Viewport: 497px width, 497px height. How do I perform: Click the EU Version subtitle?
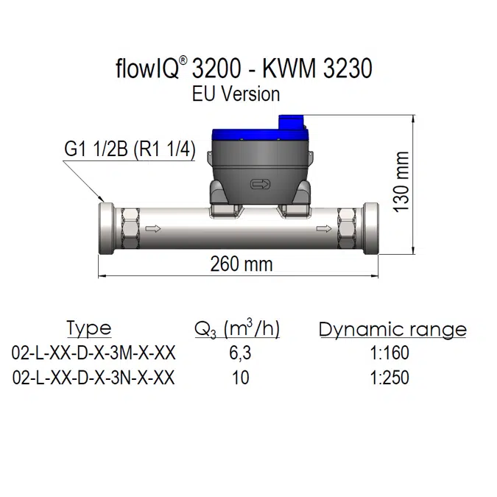point(236,94)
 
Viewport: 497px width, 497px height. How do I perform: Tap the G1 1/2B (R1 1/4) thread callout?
point(129,150)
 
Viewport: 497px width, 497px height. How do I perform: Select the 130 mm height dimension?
point(401,183)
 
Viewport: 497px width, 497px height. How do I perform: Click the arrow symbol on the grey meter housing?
point(261,184)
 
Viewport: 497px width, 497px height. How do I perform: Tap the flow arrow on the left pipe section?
point(154,229)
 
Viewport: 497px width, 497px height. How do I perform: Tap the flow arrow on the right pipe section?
point(323,229)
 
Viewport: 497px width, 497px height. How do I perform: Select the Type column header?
point(88,328)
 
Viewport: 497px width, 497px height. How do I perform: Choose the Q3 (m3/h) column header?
point(237,328)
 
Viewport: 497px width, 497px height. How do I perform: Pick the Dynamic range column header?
point(392,329)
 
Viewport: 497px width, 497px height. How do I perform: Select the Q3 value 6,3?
point(240,353)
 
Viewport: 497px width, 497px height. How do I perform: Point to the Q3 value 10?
point(240,378)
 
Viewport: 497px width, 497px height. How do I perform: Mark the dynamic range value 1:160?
point(390,353)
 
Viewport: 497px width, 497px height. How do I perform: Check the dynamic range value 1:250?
point(390,378)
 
